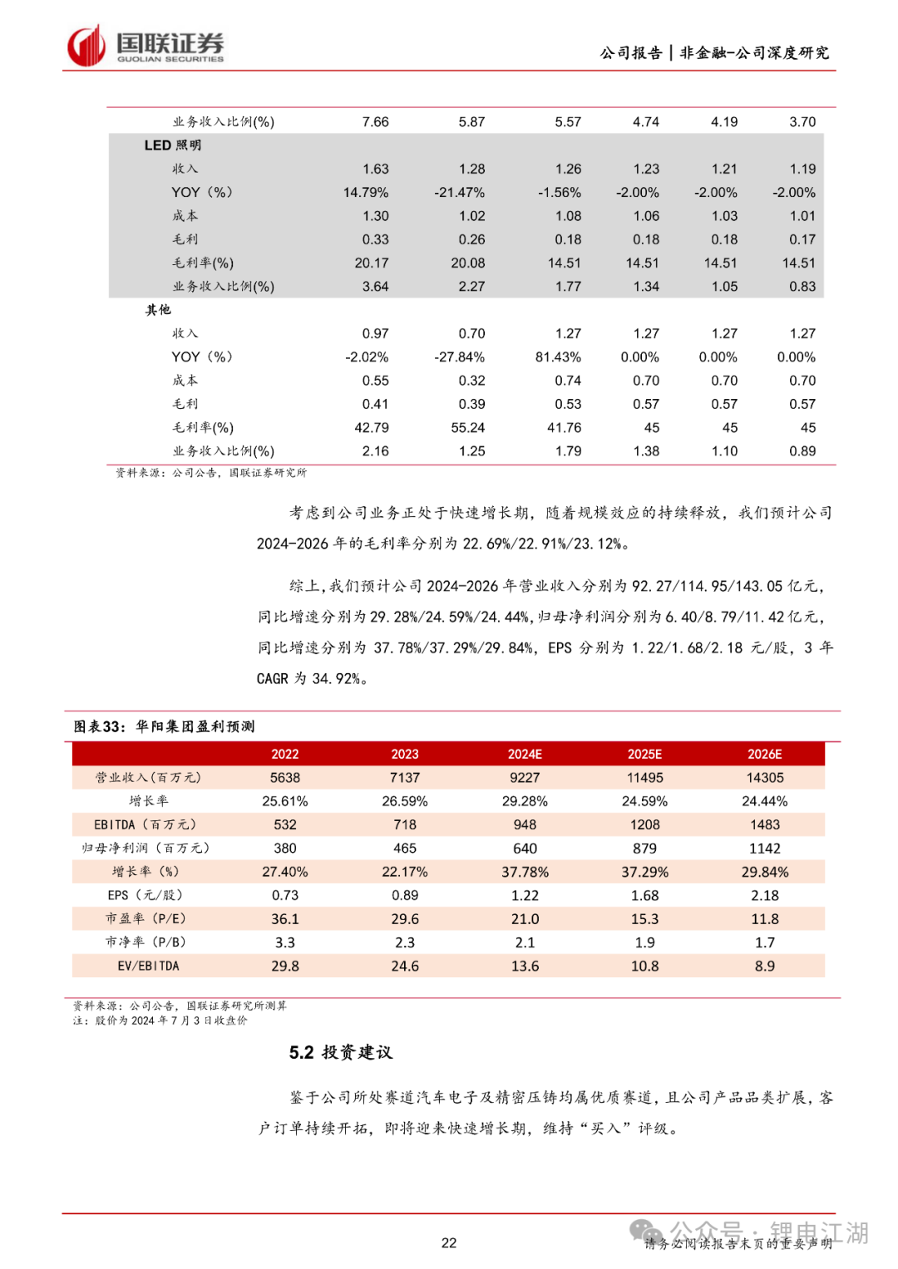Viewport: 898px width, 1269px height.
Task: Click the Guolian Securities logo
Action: tap(146, 46)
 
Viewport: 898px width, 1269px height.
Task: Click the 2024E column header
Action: tap(525, 754)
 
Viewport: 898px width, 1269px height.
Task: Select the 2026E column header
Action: tap(764, 754)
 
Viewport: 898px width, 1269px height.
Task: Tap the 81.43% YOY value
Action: tap(558, 357)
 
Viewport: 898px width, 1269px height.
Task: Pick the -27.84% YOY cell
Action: tap(459, 357)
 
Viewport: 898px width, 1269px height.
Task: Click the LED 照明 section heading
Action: tap(173, 145)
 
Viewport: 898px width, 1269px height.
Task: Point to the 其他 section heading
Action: tap(158, 310)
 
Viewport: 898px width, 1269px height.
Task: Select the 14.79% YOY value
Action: tap(366, 193)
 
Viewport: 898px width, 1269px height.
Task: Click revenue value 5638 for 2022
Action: tap(284, 778)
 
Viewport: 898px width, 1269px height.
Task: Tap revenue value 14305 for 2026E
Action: tap(764, 778)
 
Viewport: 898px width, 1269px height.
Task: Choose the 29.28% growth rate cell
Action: tap(525, 801)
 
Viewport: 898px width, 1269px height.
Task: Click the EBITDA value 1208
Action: tap(644, 825)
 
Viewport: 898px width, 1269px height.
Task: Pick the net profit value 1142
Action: tap(764, 848)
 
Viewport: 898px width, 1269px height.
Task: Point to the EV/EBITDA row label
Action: tap(148, 967)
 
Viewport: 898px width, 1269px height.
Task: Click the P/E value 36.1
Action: tap(284, 919)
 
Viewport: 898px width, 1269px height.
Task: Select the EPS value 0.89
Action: tap(405, 896)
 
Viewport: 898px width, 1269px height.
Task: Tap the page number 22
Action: tap(449, 1243)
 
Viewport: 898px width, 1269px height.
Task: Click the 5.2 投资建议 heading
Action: tap(341, 1053)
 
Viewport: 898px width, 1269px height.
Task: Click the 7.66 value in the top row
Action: tap(375, 122)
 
